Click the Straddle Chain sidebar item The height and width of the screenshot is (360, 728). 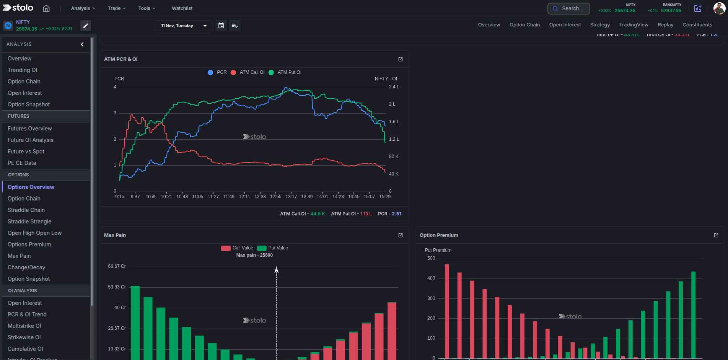point(26,210)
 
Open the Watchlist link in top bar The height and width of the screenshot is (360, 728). point(182,8)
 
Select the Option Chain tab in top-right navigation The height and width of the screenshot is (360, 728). point(524,25)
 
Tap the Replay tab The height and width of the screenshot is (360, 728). point(665,25)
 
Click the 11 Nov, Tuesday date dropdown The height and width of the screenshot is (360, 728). point(184,26)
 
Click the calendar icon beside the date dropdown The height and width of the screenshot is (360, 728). point(221,26)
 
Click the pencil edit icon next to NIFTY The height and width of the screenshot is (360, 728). point(86,26)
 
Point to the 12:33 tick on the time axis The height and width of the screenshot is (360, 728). point(260,197)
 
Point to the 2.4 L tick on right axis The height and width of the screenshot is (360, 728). point(394,87)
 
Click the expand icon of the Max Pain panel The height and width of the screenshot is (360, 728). point(401,235)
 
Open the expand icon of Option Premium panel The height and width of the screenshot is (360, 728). point(716,235)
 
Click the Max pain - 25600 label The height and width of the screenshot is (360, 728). point(254,255)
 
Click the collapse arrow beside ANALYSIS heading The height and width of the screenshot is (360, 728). point(82,44)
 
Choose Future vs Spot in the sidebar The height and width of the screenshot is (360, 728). point(26,151)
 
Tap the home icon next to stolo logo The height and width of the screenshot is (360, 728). point(46,8)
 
